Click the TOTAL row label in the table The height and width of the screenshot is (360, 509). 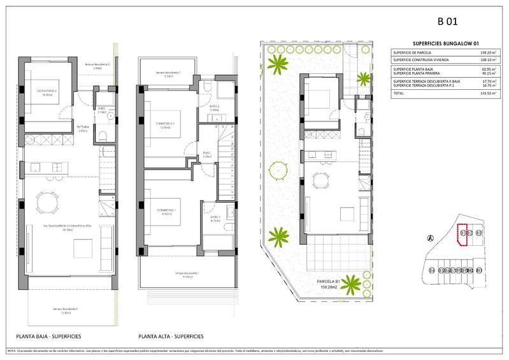(399, 93)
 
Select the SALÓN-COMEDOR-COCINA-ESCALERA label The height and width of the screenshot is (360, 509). (63, 227)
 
